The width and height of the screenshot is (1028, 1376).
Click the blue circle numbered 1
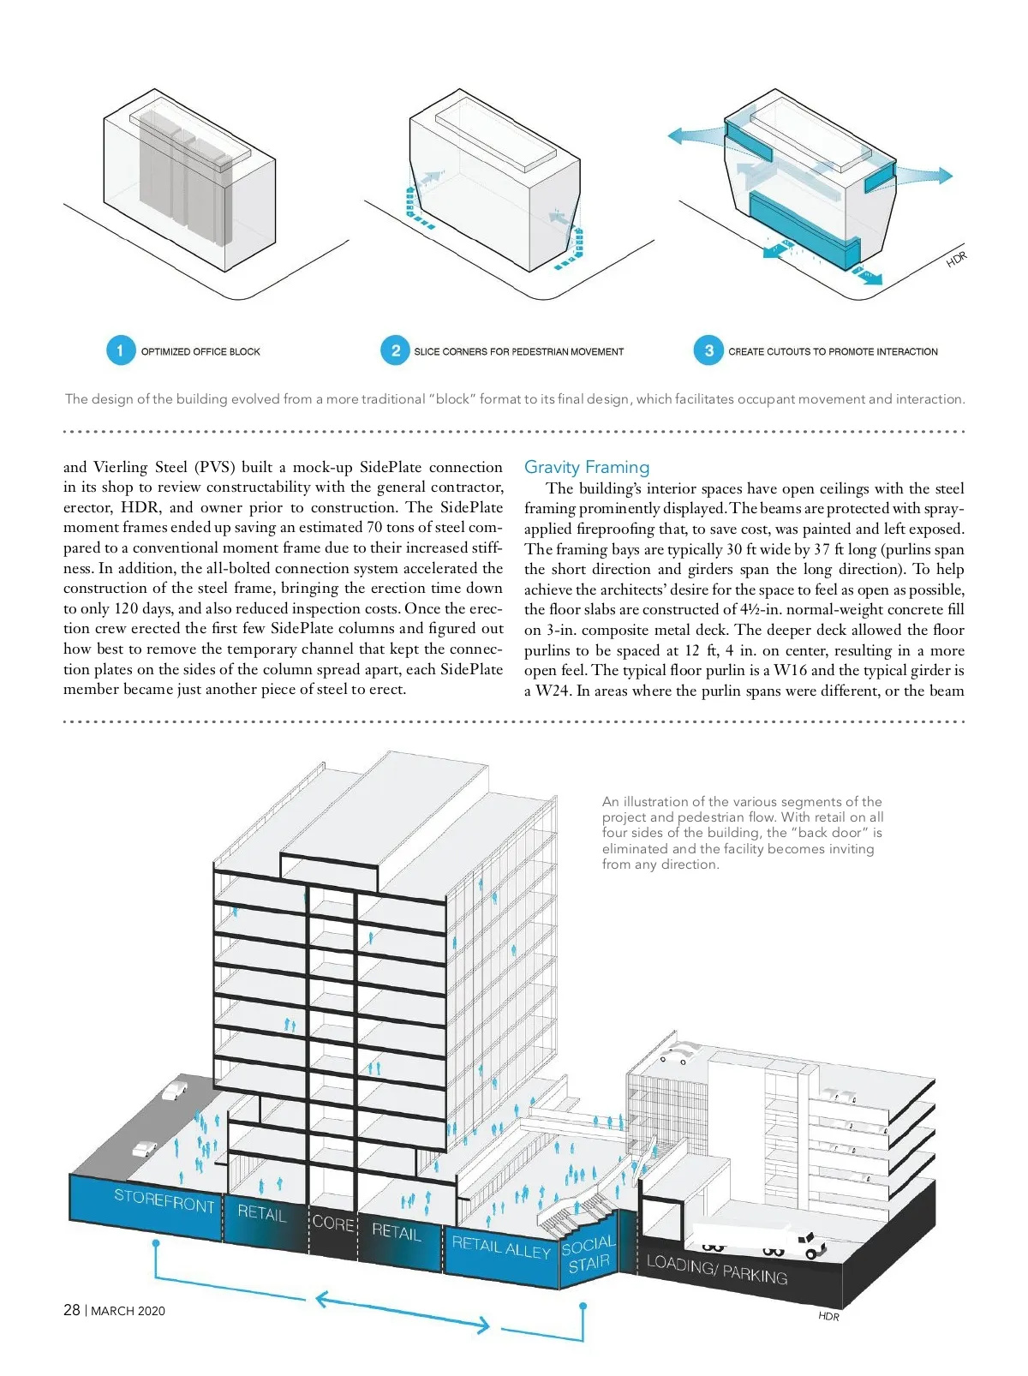click(120, 350)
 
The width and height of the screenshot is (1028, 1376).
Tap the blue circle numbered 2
click(396, 350)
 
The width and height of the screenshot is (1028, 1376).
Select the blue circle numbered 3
click(709, 350)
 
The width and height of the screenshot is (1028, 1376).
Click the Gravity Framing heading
click(587, 467)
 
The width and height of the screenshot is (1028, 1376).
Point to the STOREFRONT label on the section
click(164, 1201)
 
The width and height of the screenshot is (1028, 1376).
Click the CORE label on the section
click(333, 1223)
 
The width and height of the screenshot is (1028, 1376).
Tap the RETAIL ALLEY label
click(501, 1247)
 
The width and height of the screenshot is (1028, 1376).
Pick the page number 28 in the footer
click(71, 1310)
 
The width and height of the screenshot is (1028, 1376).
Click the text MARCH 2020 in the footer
click(128, 1311)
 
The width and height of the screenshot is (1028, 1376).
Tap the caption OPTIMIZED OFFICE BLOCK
click(200, 351)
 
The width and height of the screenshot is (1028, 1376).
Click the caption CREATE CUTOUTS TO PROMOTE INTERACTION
click(833, 351)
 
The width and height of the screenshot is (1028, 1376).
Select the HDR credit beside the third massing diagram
click(957, 259)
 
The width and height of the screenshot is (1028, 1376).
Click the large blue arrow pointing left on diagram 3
click(696, 136)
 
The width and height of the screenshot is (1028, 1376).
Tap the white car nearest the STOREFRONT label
click(145, 1148)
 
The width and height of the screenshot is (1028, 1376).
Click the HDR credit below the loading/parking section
click(828, 1316)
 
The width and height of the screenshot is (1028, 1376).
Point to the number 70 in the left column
click(374, 527)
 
